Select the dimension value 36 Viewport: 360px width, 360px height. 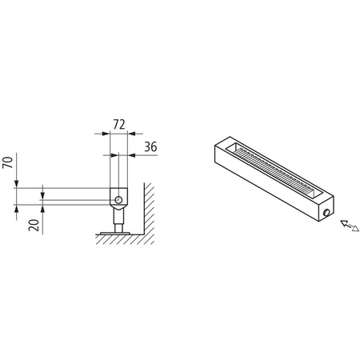[x=149, y=146]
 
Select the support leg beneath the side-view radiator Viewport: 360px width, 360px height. [x=118, y=218]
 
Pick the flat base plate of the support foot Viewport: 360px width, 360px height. [x=118, y=234]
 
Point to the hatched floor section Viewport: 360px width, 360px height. [x=120, y=239]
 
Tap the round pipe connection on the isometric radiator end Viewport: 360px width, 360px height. [x=328, y=212]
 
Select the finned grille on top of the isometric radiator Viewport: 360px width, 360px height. [x=272, y=171]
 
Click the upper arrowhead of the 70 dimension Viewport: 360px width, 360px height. [x=18, y=186]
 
